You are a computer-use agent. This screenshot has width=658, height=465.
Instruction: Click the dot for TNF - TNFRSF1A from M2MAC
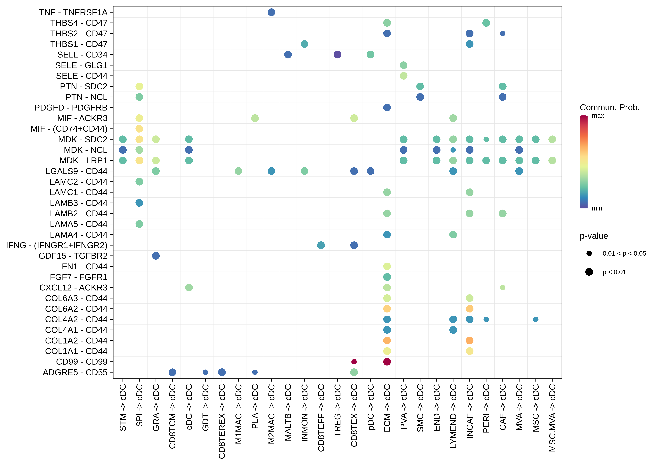coord(271,12)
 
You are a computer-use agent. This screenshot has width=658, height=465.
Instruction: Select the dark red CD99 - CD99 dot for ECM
coord(387,362)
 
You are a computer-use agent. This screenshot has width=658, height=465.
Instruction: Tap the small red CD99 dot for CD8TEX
coord(354,362)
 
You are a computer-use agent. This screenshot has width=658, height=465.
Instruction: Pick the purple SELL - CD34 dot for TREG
coord(338,55)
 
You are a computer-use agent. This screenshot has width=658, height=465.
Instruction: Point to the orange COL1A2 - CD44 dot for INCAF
coord(469,341)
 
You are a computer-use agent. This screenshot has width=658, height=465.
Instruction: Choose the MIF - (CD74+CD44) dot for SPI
coord(139,129)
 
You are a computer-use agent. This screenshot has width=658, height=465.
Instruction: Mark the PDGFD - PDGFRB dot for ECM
coord(387,108)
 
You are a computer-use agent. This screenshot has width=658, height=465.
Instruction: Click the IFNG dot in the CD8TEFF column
coord(321,245)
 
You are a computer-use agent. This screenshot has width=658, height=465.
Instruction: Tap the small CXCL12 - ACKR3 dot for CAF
coord(503,287)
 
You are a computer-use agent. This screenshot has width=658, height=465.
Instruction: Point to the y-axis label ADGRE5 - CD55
coord(75,372)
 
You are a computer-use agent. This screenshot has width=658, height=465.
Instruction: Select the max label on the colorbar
coord(598,116)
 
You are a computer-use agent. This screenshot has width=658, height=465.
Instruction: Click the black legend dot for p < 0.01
coord(589,272)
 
